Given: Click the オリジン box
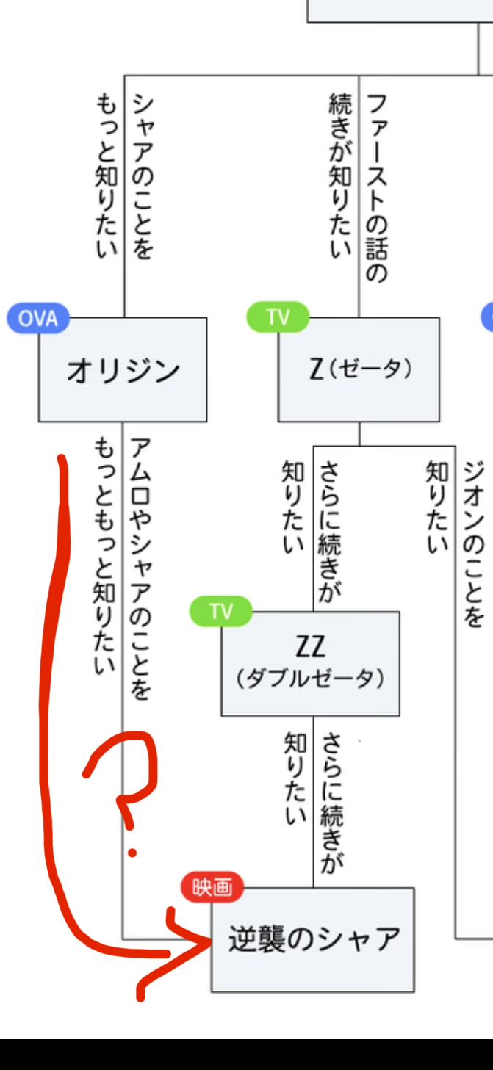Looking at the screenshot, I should coord(123,370).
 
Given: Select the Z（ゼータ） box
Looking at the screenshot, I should coord(359,370).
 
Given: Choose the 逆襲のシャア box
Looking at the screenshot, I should coord(313,940).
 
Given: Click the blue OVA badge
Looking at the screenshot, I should coord(37,318).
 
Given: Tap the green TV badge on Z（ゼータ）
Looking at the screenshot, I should coord(278,317).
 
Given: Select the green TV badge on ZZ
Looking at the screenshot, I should coord(220,612).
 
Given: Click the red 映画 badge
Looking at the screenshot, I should coord(212,889).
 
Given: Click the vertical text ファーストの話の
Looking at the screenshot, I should coord(376,187).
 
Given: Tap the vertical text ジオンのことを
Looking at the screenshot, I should coord(474,543).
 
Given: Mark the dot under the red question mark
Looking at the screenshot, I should coord(132,852).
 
